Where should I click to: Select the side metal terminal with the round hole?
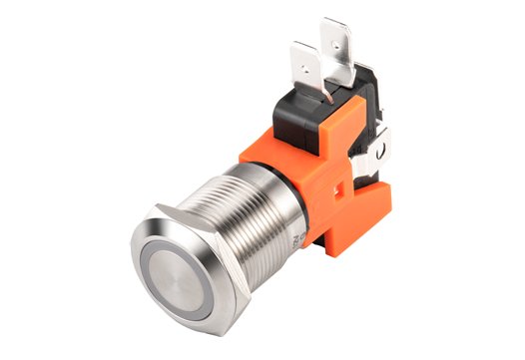click(380, 150)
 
